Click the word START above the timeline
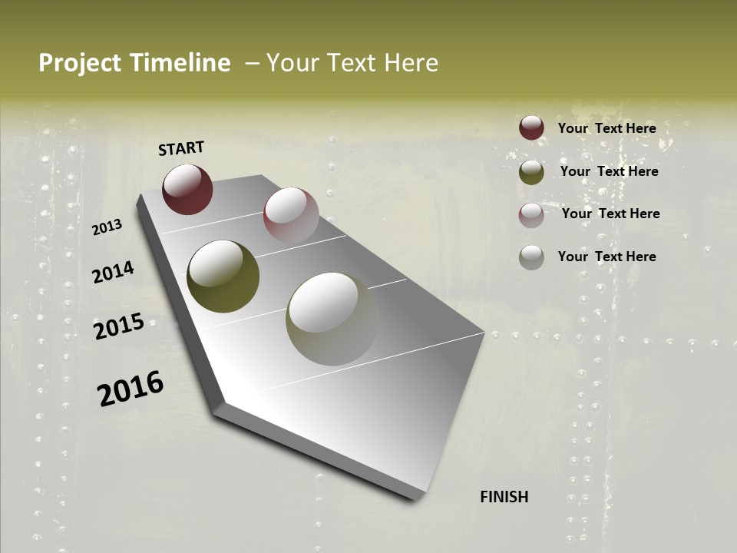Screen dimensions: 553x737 [181, 148]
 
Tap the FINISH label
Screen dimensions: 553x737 [504, 497]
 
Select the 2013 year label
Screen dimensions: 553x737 [107, 227]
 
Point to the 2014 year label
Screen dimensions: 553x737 [113, 272]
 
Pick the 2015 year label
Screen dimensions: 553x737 [119, 326]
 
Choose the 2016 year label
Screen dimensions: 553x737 [131, 389]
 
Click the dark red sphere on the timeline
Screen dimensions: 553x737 [187, 189]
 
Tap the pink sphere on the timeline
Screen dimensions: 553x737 [291, 214]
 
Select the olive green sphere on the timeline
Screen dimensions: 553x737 [223, 276]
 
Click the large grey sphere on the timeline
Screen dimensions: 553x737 [332, 319]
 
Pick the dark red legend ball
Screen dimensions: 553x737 [531, 127]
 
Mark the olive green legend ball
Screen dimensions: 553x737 [531, 172]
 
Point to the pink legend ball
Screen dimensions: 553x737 [531, 215]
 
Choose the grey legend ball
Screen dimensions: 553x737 [531, 257]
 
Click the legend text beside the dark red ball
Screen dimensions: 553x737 [606, 128]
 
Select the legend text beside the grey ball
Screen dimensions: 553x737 [606, 257]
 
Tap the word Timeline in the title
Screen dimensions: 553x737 [181, 63]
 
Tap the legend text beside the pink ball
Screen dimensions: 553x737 [610, 214]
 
